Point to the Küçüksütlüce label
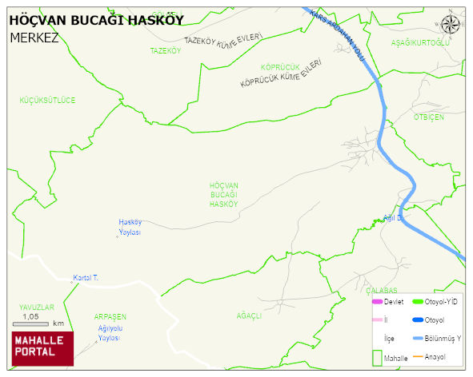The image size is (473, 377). tap(47, 100)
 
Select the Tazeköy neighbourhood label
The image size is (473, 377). tap(166, 50)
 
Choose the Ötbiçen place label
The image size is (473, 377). tap(428, 117)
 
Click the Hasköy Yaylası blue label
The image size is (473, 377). tap(130, 227)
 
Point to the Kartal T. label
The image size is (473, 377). tap(85, 278)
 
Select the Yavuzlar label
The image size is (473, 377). tap(37, 307)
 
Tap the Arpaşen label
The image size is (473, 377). tap(110, 316)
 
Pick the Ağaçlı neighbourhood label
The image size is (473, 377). tap(249, 315)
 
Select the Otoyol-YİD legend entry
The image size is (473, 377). tap(440, 302)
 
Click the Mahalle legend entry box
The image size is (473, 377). tap(378, 359)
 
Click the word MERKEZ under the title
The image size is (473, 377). tap(34, 37)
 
